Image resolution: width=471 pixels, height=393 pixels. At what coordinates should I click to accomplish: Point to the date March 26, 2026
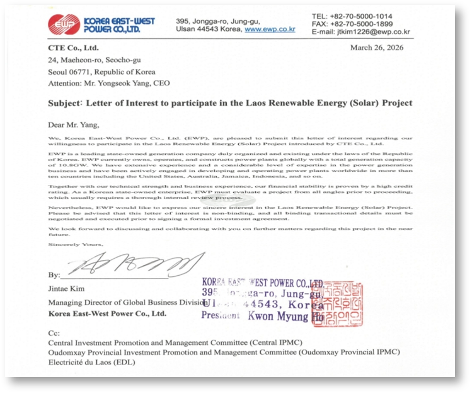(x=376, y=48)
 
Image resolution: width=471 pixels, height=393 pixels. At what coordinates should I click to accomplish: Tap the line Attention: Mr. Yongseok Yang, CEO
(x=109, y=83)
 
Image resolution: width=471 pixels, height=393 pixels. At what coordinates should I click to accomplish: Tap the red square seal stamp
(x=337, y=304)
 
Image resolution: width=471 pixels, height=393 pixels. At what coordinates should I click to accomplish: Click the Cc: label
(x=53, y=333)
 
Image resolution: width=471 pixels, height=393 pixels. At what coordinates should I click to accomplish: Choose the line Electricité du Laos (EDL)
(x=91, y=362)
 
